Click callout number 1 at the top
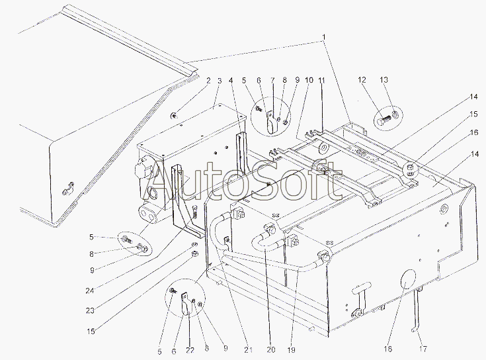point(323,37)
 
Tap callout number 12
point(362,80)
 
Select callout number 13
point(384,80)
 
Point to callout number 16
point(474,133)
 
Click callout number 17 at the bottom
point(423,349)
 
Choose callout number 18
point(387,349)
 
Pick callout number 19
point(291,350)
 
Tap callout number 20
point(270,350)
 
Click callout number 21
point(248,350)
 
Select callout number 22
point(190,350)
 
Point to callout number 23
point(90,310)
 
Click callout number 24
point(90,291)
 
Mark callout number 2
point(208,81)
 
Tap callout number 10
point(309,80)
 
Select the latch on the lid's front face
point(68,189)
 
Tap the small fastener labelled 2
point(174,116)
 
